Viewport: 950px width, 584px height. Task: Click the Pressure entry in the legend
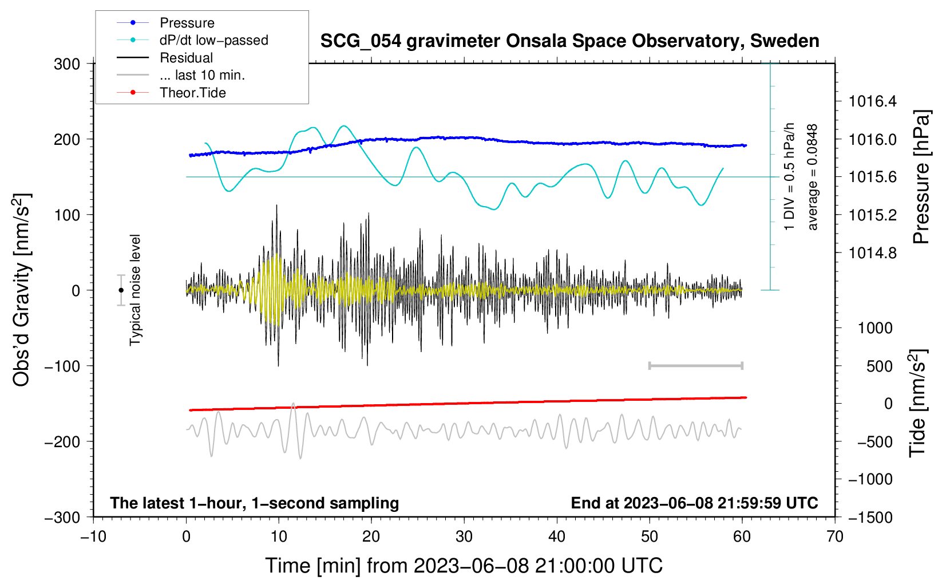[187, 23]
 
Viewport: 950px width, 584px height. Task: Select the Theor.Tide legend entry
[192, 93]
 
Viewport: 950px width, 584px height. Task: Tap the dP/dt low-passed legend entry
[213, 40]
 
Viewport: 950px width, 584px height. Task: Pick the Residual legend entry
[186, 58]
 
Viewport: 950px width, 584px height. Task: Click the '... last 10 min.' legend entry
[202, 75]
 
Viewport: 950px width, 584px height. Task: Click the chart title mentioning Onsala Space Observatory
[569, 41]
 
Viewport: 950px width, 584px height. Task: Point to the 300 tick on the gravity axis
[67, 64]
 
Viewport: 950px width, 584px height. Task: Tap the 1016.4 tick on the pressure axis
[873, 101]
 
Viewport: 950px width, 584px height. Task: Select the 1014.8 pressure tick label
[873, 252]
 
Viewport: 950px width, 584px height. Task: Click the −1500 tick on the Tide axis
[870, 517]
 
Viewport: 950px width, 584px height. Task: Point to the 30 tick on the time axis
[464, 536]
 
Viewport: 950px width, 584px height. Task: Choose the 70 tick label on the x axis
[835, 536]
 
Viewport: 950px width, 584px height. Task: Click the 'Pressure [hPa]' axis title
[921, 177]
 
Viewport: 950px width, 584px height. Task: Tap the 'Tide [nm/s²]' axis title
[918, 403]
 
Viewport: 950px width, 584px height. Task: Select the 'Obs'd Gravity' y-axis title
[22, 290]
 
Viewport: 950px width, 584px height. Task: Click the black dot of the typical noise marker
[121, 290]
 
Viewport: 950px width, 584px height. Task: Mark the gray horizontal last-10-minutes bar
[695, 365]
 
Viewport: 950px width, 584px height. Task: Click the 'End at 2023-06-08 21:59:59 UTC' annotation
[694, 503]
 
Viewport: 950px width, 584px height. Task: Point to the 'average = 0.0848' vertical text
[813, 177]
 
